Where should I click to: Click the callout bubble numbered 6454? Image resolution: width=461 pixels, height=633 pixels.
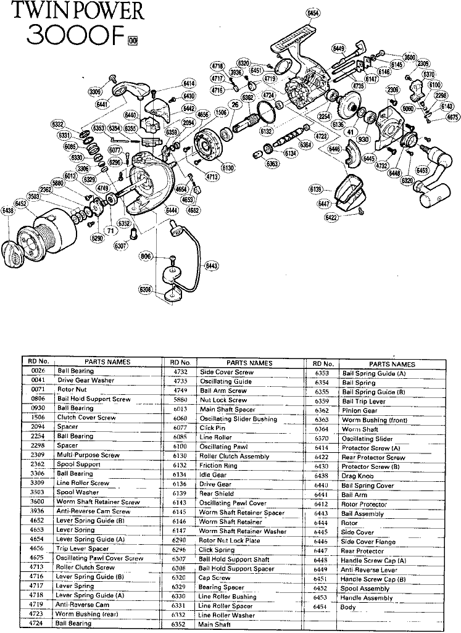point(313,12)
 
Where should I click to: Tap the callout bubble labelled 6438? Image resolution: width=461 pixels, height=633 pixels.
point(8,211)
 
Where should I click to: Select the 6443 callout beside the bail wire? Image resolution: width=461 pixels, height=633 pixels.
point(212,265)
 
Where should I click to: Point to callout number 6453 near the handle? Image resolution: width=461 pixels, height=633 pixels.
point(423,170)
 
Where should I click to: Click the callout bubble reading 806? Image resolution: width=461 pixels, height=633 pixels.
point(145,256)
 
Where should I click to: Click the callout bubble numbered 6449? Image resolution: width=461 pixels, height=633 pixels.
point(339,48)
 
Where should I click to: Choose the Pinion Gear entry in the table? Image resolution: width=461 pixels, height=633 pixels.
point(359,410)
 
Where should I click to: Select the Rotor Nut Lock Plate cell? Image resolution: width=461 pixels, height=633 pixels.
point(229,540)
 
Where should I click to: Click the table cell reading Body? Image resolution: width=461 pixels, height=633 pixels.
point(347,607)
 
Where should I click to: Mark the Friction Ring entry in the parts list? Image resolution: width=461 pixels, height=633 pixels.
point(218,466)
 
